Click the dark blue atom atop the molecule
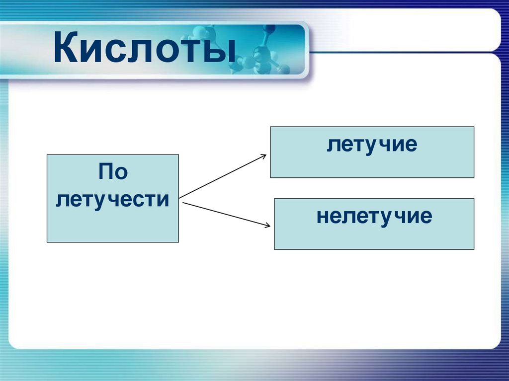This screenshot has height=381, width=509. tap(269, 29)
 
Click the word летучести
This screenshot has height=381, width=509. tap(113, 200)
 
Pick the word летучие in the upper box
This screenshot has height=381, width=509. tap(372, 145)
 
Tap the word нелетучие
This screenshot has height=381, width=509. tap(374, 217)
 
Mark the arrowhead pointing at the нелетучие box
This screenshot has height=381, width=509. tap(267, 225)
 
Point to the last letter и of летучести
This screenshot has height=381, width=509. tap(165, 200)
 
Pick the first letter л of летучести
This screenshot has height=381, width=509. tap(62, 200)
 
